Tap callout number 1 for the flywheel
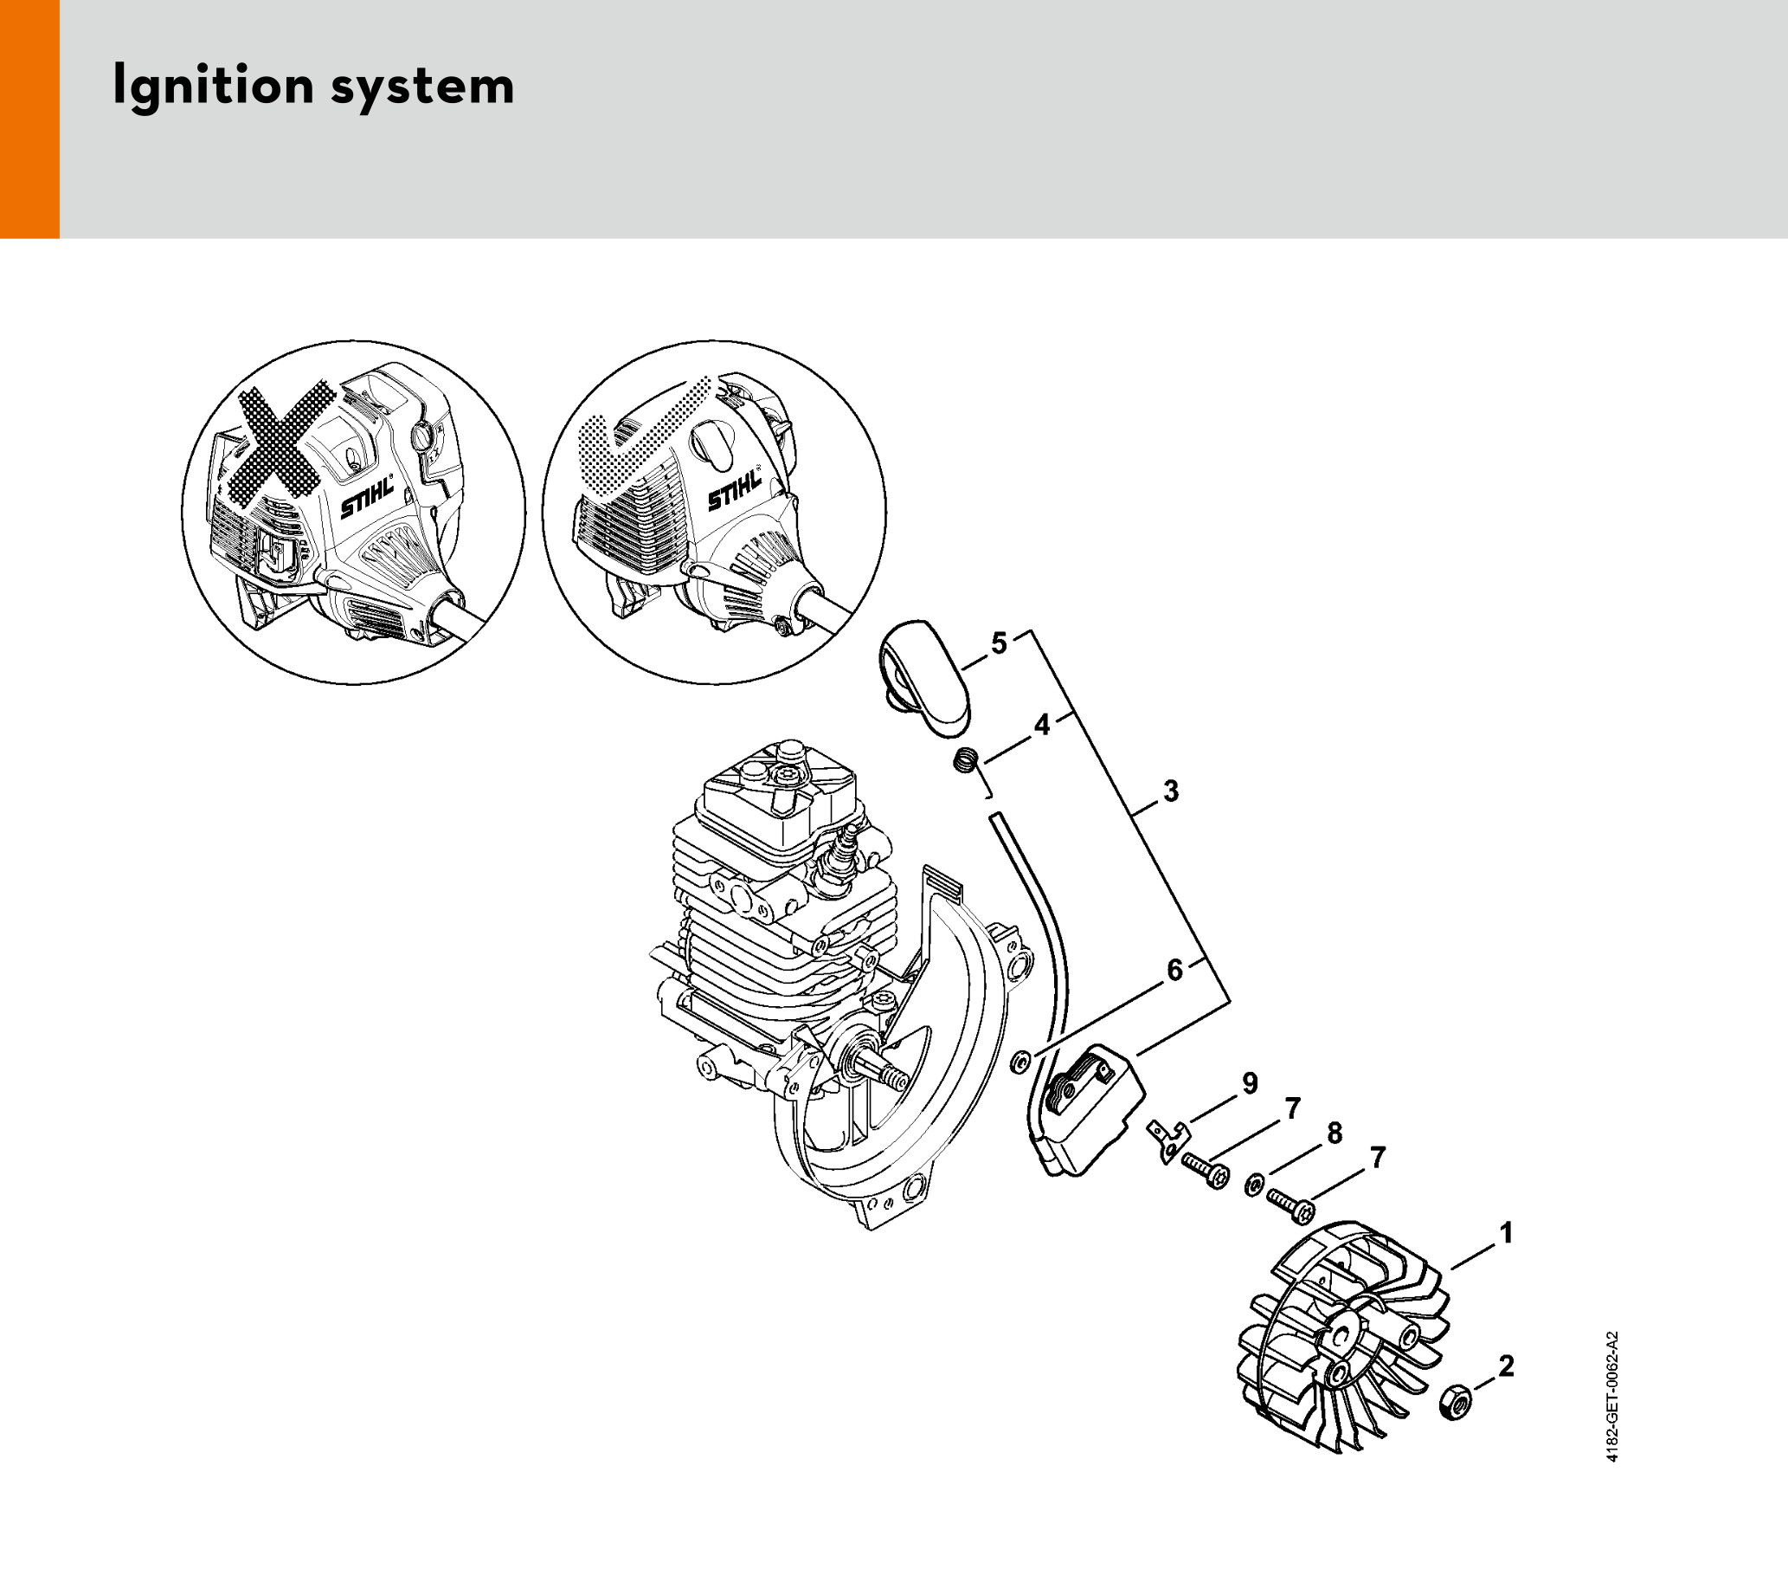1506,1233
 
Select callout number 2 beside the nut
1507,1366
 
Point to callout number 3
1171,791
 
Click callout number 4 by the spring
1042,726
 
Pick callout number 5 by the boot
999,643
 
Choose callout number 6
1174,970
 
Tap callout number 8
1334,1133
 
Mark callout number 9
1250,1083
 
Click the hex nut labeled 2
1456,1402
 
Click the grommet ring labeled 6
1019,1062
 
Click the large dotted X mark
280,446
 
